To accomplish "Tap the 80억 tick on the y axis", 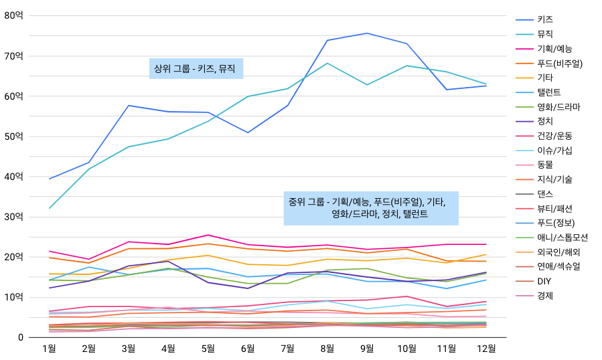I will [x=13, y=15].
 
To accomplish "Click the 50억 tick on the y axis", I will [x=13, y=137].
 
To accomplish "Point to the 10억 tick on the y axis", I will [x=13, y=297].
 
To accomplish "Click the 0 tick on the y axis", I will [x=21, y=337].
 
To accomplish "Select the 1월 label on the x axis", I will [x=49, y=348].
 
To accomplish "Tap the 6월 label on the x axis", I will [x=248, y=348].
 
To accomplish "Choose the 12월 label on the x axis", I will [x=486, y=348].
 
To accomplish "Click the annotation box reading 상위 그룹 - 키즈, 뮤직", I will [x=196, y=68].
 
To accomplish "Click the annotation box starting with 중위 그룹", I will [x=371, y=208].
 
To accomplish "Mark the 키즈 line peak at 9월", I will [x=367, y=33].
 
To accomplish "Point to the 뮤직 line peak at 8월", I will [x=327, y=63].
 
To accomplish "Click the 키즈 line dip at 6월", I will [x=248, y=132].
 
